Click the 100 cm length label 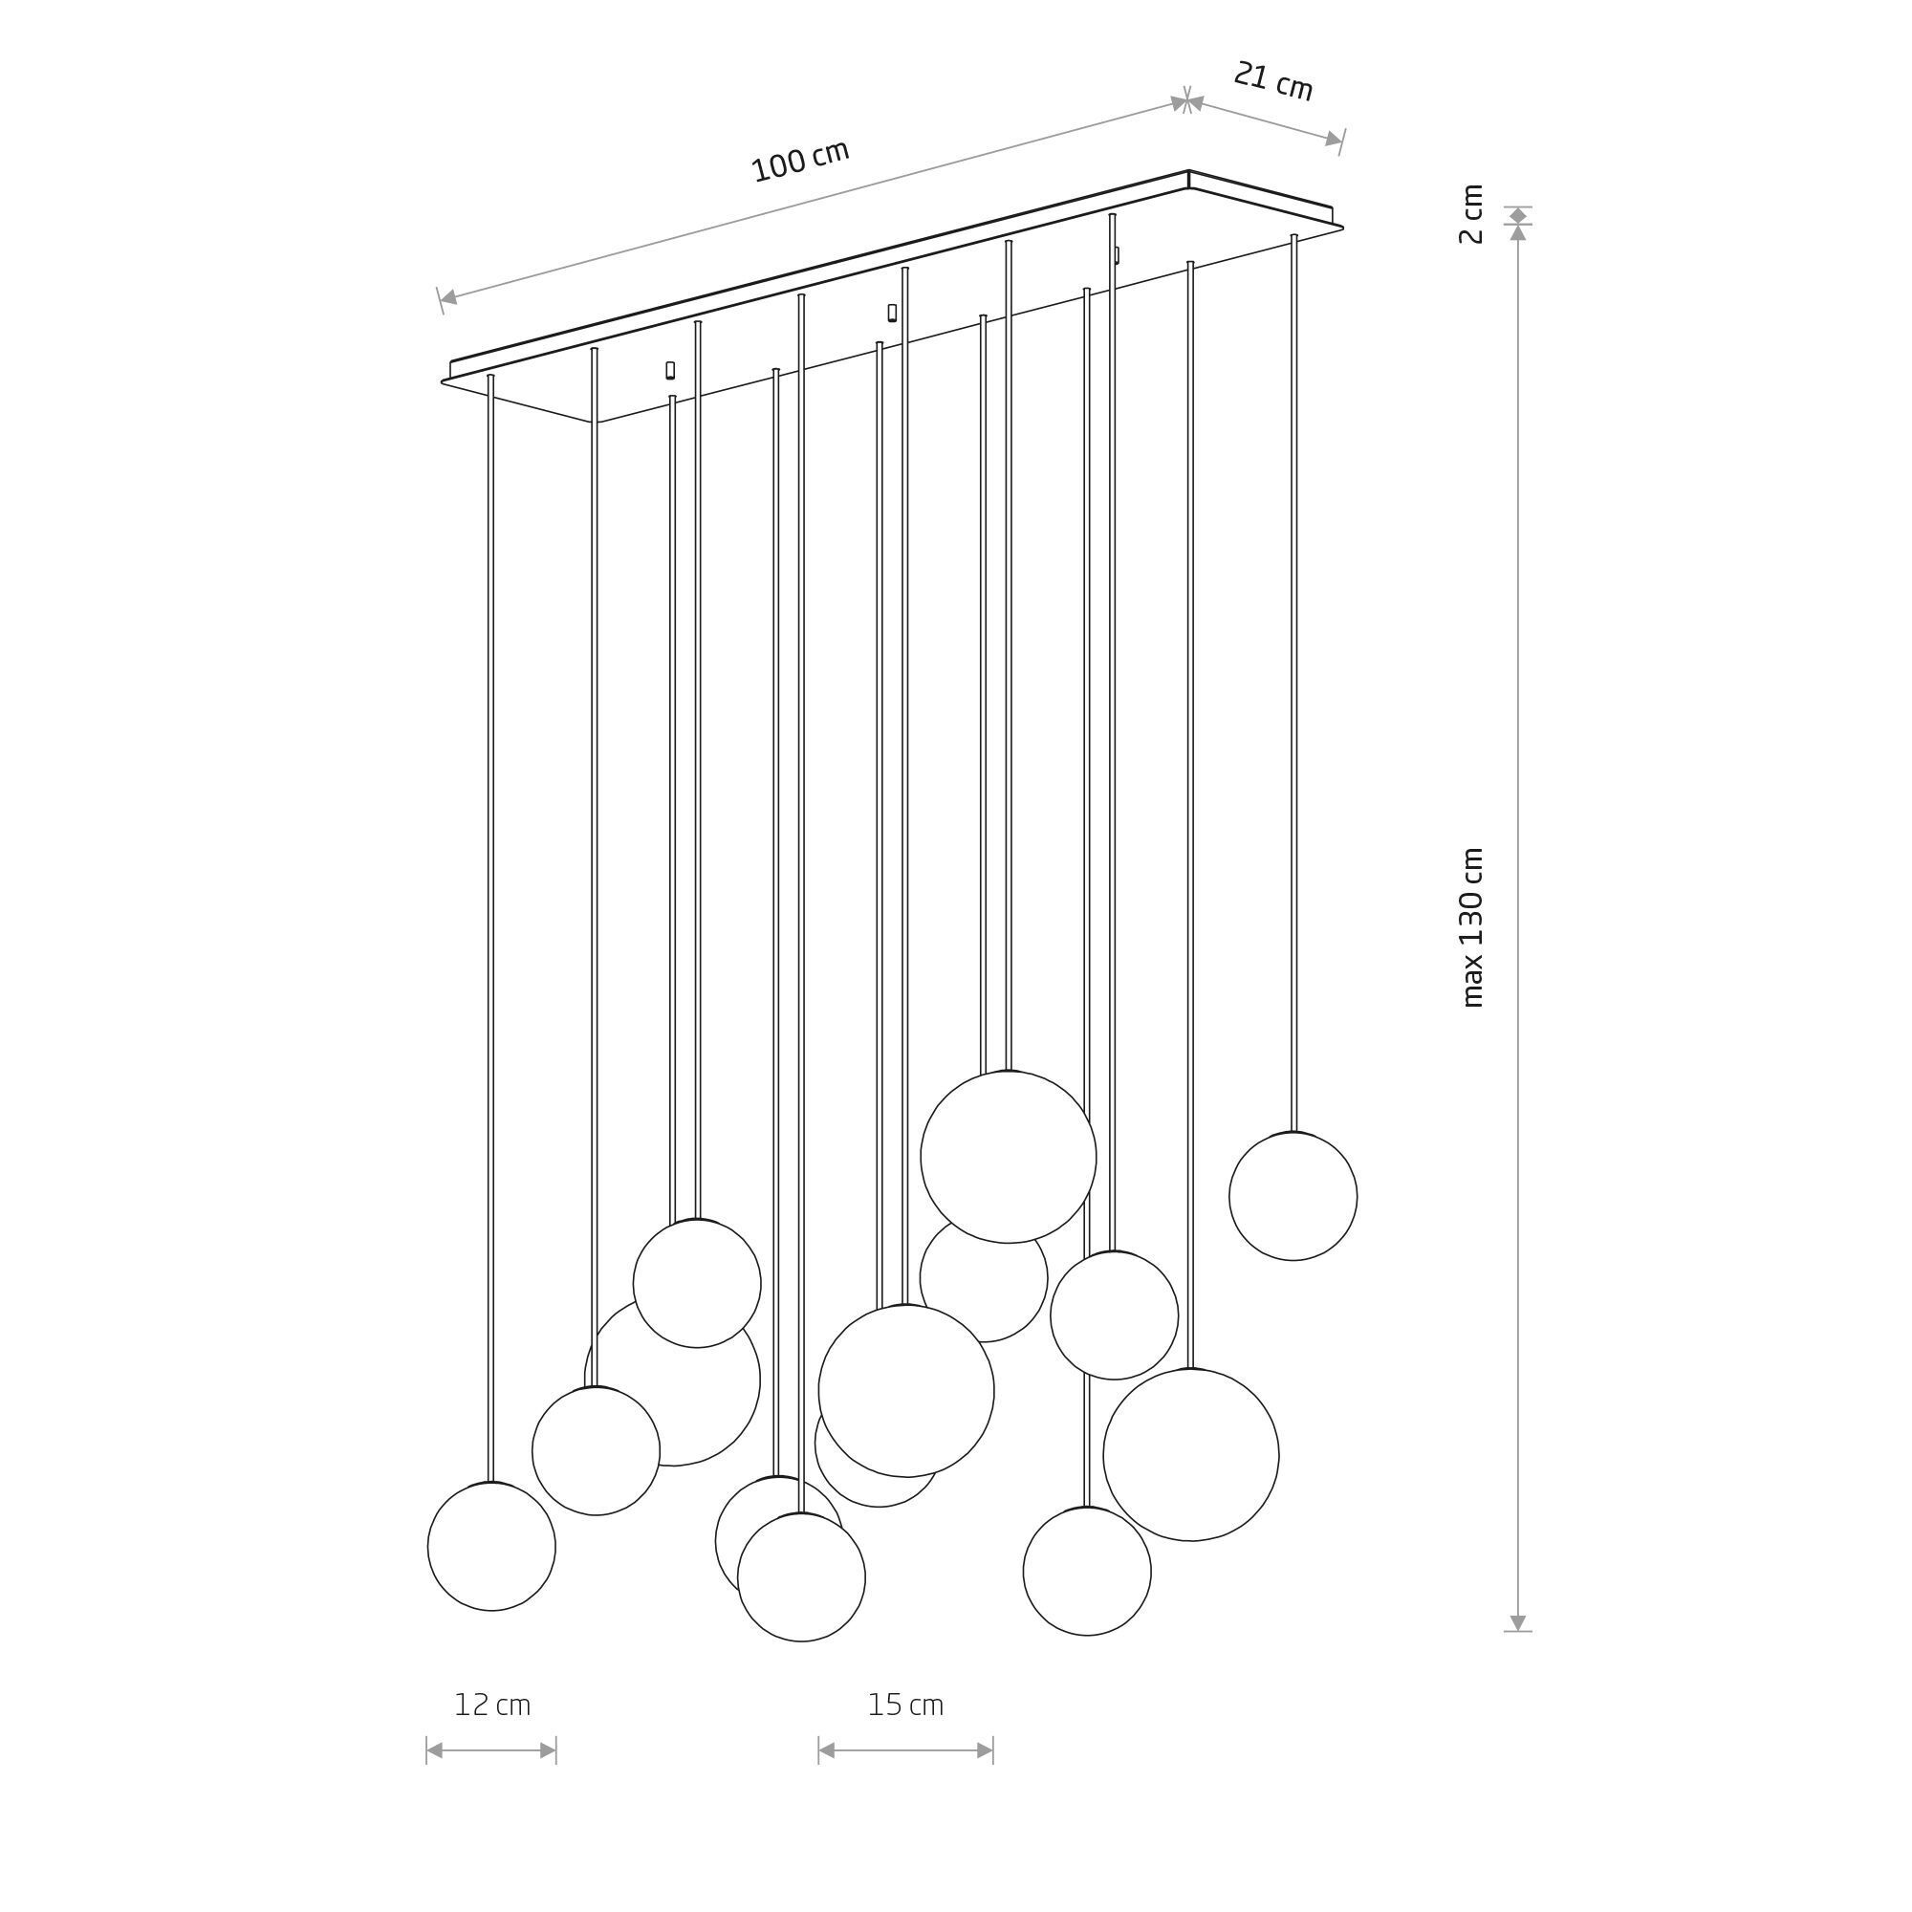[x=800, y=162]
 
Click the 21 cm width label [x=1272, y=82]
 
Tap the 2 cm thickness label [x=1472, y=214]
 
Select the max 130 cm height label [x=1472, y=927]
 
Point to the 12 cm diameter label [x=491, y=1706]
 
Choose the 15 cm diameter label [x=905, y=1706]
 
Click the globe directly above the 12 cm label [x=491, y=1546]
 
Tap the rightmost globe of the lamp [x=1293, y=1197]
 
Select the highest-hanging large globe [x=1009, y=1157]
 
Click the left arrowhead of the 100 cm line [x=448, y=297]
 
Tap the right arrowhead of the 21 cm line [x=1333, y=140]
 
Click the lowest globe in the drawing [x=802, y=1577]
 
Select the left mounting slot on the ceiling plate [x=670, y=370]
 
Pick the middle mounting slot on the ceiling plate [x=892, y=313]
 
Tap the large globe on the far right [x=1190, y=1455]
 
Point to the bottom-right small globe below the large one [x=1087, y=1571]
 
